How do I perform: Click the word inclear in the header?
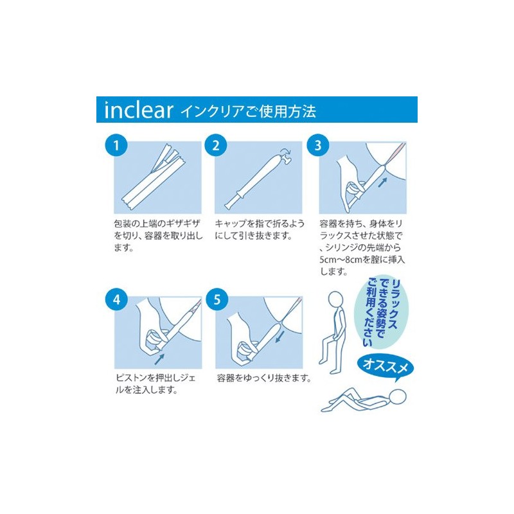tap(138, 111)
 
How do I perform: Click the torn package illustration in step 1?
tap(157, 173)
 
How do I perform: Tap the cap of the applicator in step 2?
tap(283, 157)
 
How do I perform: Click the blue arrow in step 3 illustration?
tap(383, 182)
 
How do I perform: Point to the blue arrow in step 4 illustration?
tap(160, 353)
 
